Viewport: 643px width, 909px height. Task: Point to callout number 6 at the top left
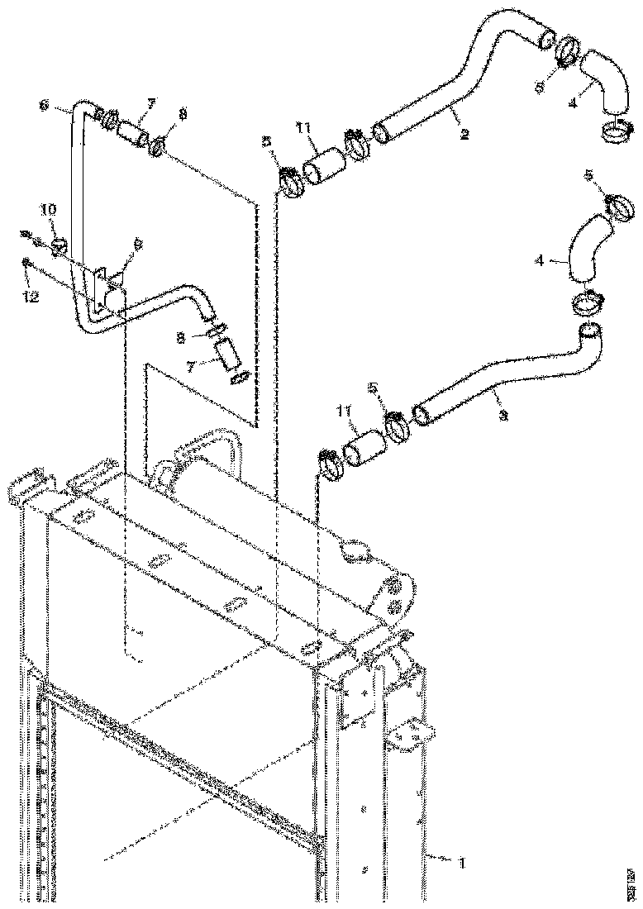coord(44,105)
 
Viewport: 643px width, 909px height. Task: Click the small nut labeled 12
coord(27,262)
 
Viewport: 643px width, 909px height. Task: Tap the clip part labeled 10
coord(58,246)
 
